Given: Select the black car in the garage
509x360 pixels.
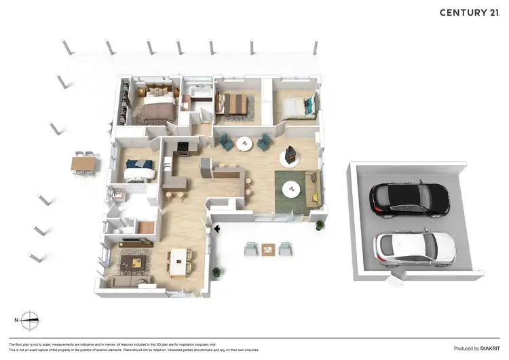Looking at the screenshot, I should coord(409,198).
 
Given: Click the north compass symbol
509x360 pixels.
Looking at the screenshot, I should coord(29,319).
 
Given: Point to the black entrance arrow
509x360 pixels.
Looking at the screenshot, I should coord(216,230).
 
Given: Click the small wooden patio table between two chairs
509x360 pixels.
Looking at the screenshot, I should coord(269,248).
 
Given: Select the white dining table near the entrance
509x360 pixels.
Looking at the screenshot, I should coord(179,262).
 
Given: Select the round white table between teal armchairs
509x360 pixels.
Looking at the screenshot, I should coord(244,143).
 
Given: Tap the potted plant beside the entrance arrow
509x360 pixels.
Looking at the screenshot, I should coord(216,273).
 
